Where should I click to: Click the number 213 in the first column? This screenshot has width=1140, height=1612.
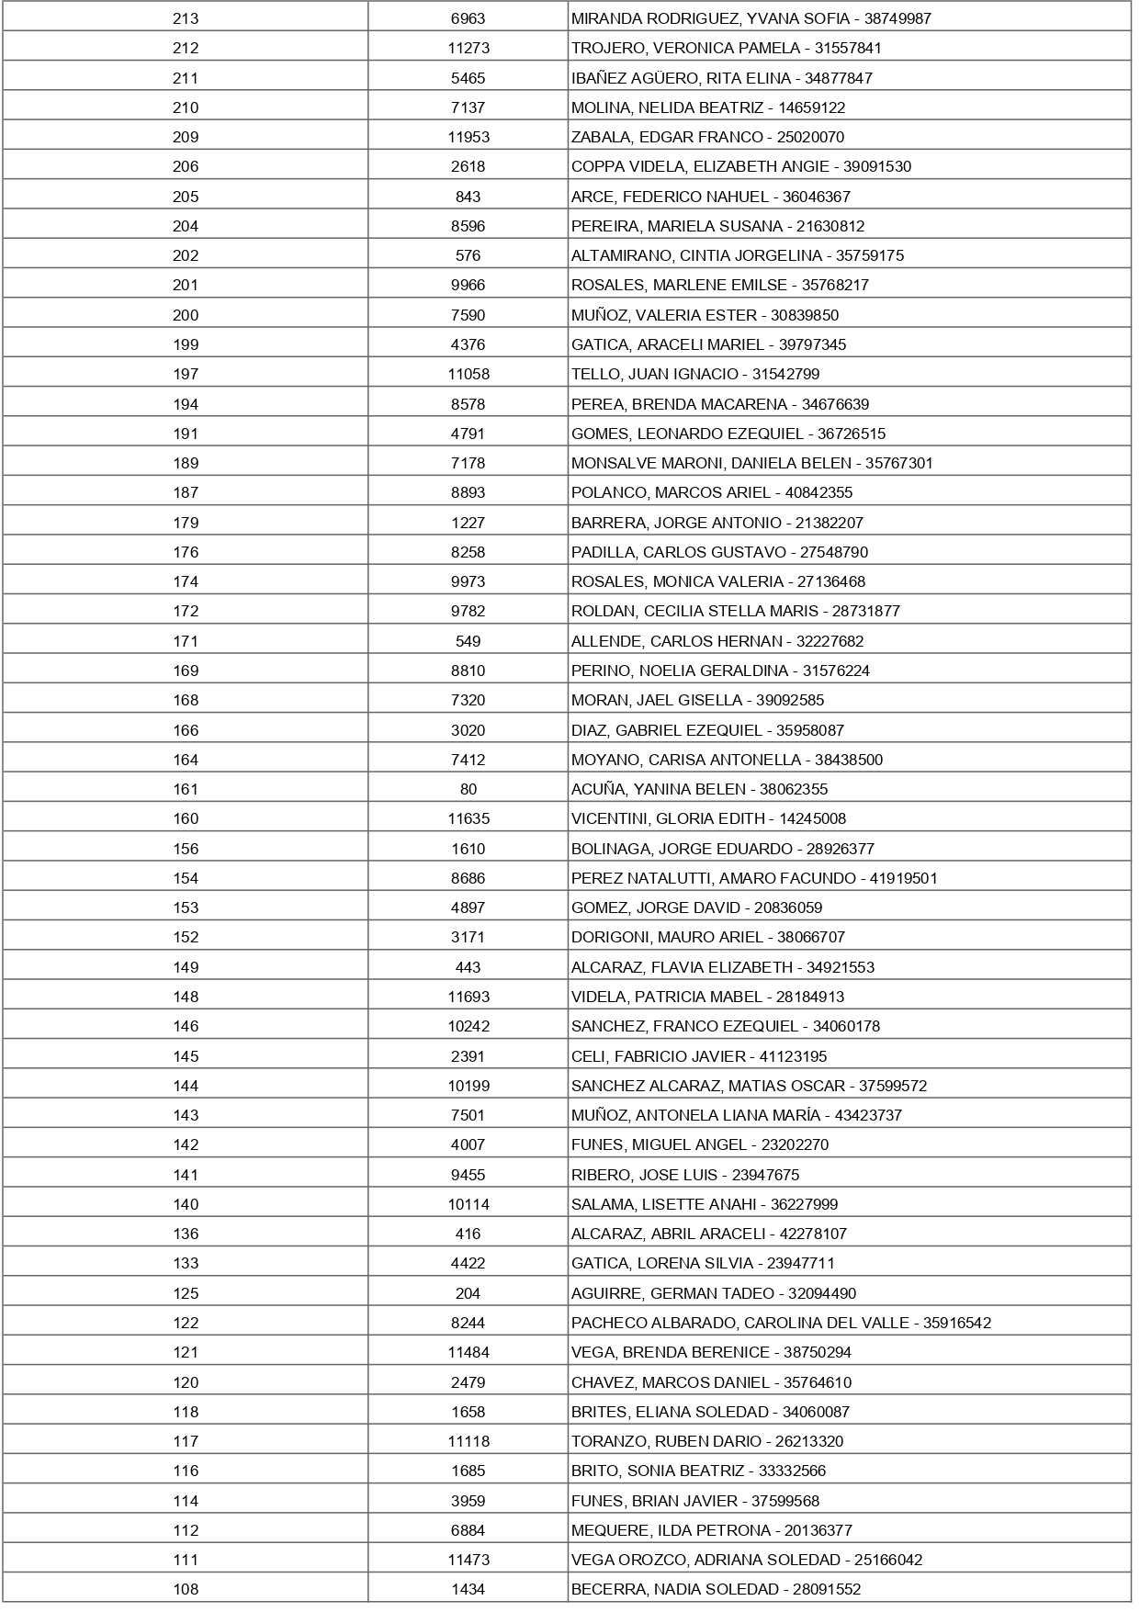[186, 18]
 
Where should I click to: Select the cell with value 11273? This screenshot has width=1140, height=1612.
[468, 48]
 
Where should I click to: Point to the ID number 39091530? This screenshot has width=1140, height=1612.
[877, 166]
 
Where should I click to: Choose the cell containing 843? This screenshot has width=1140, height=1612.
[468, 197]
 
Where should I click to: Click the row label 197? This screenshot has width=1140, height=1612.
[186, 374]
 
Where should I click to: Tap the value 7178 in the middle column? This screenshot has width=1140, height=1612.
[468, 463]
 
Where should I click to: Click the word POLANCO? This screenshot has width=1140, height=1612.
[609, 492]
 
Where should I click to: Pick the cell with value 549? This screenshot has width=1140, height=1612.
[468, 641]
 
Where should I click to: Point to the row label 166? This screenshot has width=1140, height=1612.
[186, 730]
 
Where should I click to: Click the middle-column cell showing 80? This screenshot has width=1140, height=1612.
[468, 789]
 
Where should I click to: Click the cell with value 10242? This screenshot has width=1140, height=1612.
[468, 1026]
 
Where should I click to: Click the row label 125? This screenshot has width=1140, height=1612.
[186, 1293]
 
